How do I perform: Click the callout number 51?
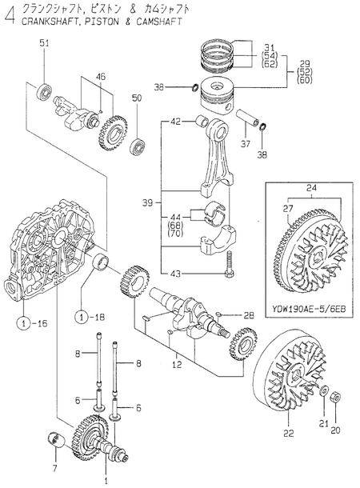click(45, 42)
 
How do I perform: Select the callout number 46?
click(101, 76)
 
